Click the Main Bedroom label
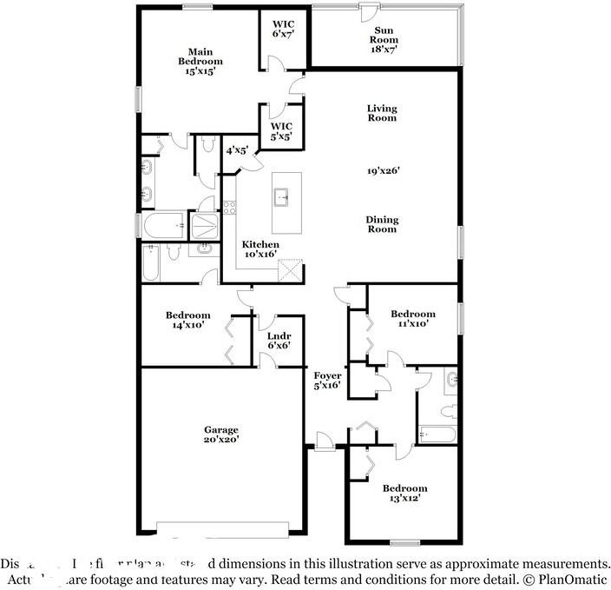[x=200, y=62]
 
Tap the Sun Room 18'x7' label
[x=384, y=39]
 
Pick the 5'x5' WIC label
[x=280, y=130]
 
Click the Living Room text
[x=382, y=113]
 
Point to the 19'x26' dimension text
[x=383, y=171]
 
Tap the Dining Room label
[x=382, y=224]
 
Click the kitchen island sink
[x=283, y=198]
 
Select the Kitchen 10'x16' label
[x=260, y=249]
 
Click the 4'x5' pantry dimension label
[x=237, y=150]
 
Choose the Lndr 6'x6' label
[x=279, y=340]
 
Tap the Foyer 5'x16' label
[x=327, y=380]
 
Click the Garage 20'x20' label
[x=221, y=434]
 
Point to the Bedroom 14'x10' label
[x=188, y=320]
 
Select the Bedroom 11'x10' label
[x=412, y=319]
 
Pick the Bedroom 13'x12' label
[x=404, y=494]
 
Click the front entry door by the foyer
[x=325, y=447]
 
